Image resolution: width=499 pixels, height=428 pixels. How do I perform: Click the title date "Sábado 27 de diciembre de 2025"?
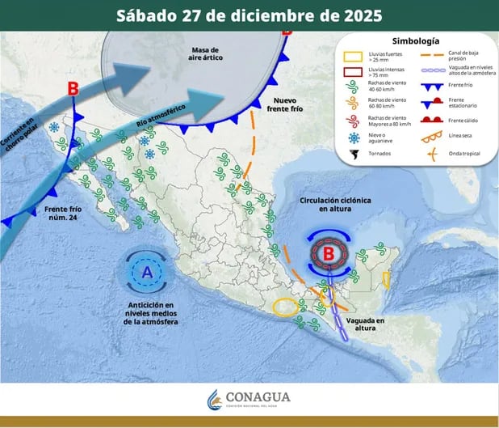pos(249,15)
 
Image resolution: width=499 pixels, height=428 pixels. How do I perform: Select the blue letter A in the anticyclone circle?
pos(147,273)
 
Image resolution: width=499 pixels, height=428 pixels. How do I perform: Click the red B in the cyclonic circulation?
pos(329,254)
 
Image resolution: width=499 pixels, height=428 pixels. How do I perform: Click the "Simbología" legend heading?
pos(415,40)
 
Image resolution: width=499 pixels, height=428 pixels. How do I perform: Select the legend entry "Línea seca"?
pos(459,138)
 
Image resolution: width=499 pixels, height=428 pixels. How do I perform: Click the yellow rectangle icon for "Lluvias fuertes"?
pos(352,57)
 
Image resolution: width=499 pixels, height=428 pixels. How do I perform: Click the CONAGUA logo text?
pos(258,398)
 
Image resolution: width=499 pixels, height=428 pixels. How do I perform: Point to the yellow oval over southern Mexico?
pos(285,307)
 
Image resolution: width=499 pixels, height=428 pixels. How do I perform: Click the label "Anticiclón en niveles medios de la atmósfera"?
pos(151,313)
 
